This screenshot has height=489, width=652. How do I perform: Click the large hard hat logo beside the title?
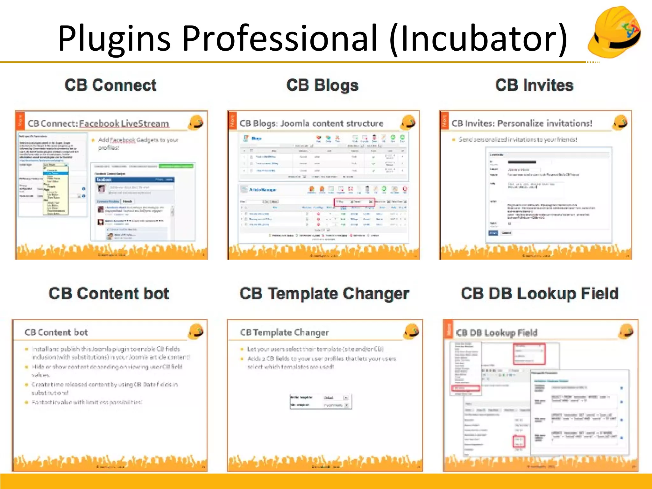[x=614, y=32]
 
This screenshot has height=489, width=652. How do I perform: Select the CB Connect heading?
[x=110, y=85]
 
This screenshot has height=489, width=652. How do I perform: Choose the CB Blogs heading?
[x=322, y=85]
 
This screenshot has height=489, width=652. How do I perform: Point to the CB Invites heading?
[x=534, y=85]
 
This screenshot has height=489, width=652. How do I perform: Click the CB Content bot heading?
[x=109, y=294]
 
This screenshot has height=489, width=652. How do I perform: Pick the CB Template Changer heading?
[x=324, y=294]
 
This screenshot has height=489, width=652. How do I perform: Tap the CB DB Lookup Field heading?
[x=539, y=294]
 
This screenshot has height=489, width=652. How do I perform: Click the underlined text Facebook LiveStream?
[x=124, y=124]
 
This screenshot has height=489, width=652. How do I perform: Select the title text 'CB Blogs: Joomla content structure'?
[x=311, y=124]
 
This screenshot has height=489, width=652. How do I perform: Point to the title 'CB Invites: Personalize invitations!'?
[x=522, y=124]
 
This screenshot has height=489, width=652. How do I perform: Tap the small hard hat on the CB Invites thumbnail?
[x=620, y=122]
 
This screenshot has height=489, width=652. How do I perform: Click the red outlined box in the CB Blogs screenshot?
[x=354, y=202]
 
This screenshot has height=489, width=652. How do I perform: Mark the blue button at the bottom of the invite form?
[x=493, y=233]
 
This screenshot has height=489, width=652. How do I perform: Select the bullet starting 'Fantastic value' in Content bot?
[x=87, y=402]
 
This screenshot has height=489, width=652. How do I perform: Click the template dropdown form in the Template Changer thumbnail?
[x=320, y=401]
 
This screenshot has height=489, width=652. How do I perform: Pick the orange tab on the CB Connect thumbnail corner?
[x=20, y=121]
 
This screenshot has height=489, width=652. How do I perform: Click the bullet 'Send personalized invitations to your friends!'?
[x=518, y=140]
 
